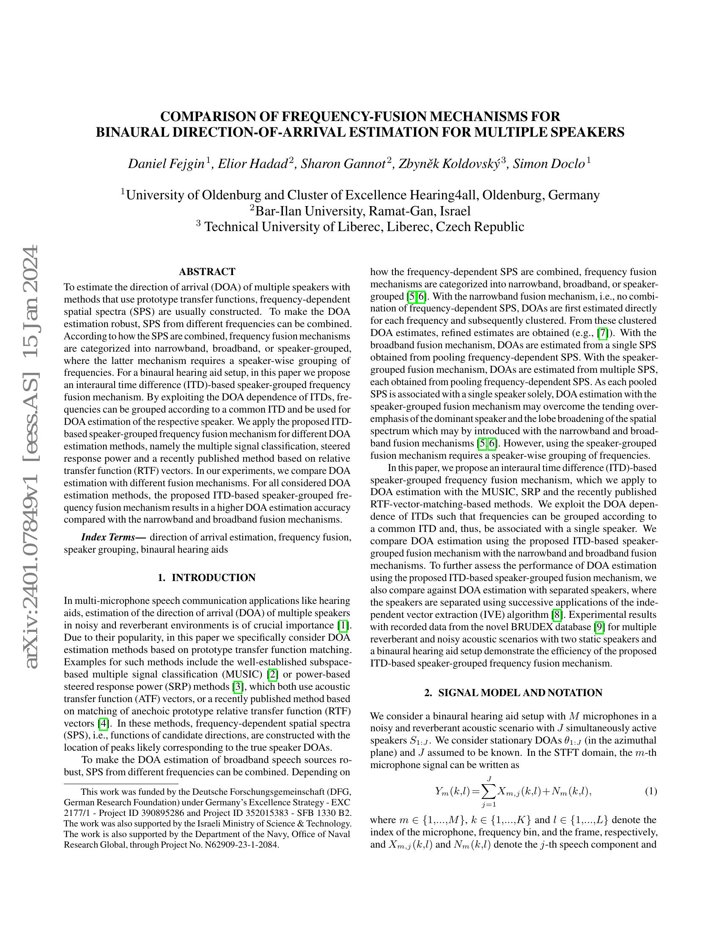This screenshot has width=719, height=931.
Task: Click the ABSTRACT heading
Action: pos(207,272)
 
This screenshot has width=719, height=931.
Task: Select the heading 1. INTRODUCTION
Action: pos(206,578)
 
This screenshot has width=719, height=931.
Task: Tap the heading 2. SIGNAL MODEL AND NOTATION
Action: pos(513,693)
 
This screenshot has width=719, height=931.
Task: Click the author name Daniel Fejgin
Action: pos(167,164)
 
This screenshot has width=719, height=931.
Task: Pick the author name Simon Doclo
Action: pos(549,164)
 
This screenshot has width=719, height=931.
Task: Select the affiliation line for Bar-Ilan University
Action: pos(360,211)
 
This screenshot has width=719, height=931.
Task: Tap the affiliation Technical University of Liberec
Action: pos(364,227)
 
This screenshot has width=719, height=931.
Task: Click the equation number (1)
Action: pos(650,792)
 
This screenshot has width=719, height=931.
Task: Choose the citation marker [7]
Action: pos(603,333)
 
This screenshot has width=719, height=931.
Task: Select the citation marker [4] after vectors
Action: pos(103,723)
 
